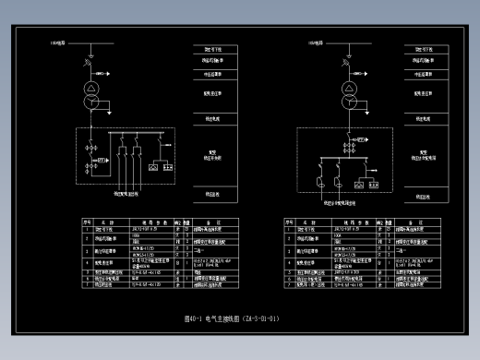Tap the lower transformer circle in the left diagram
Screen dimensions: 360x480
coord(92,103)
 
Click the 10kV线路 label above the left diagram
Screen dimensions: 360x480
coord(58,42)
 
